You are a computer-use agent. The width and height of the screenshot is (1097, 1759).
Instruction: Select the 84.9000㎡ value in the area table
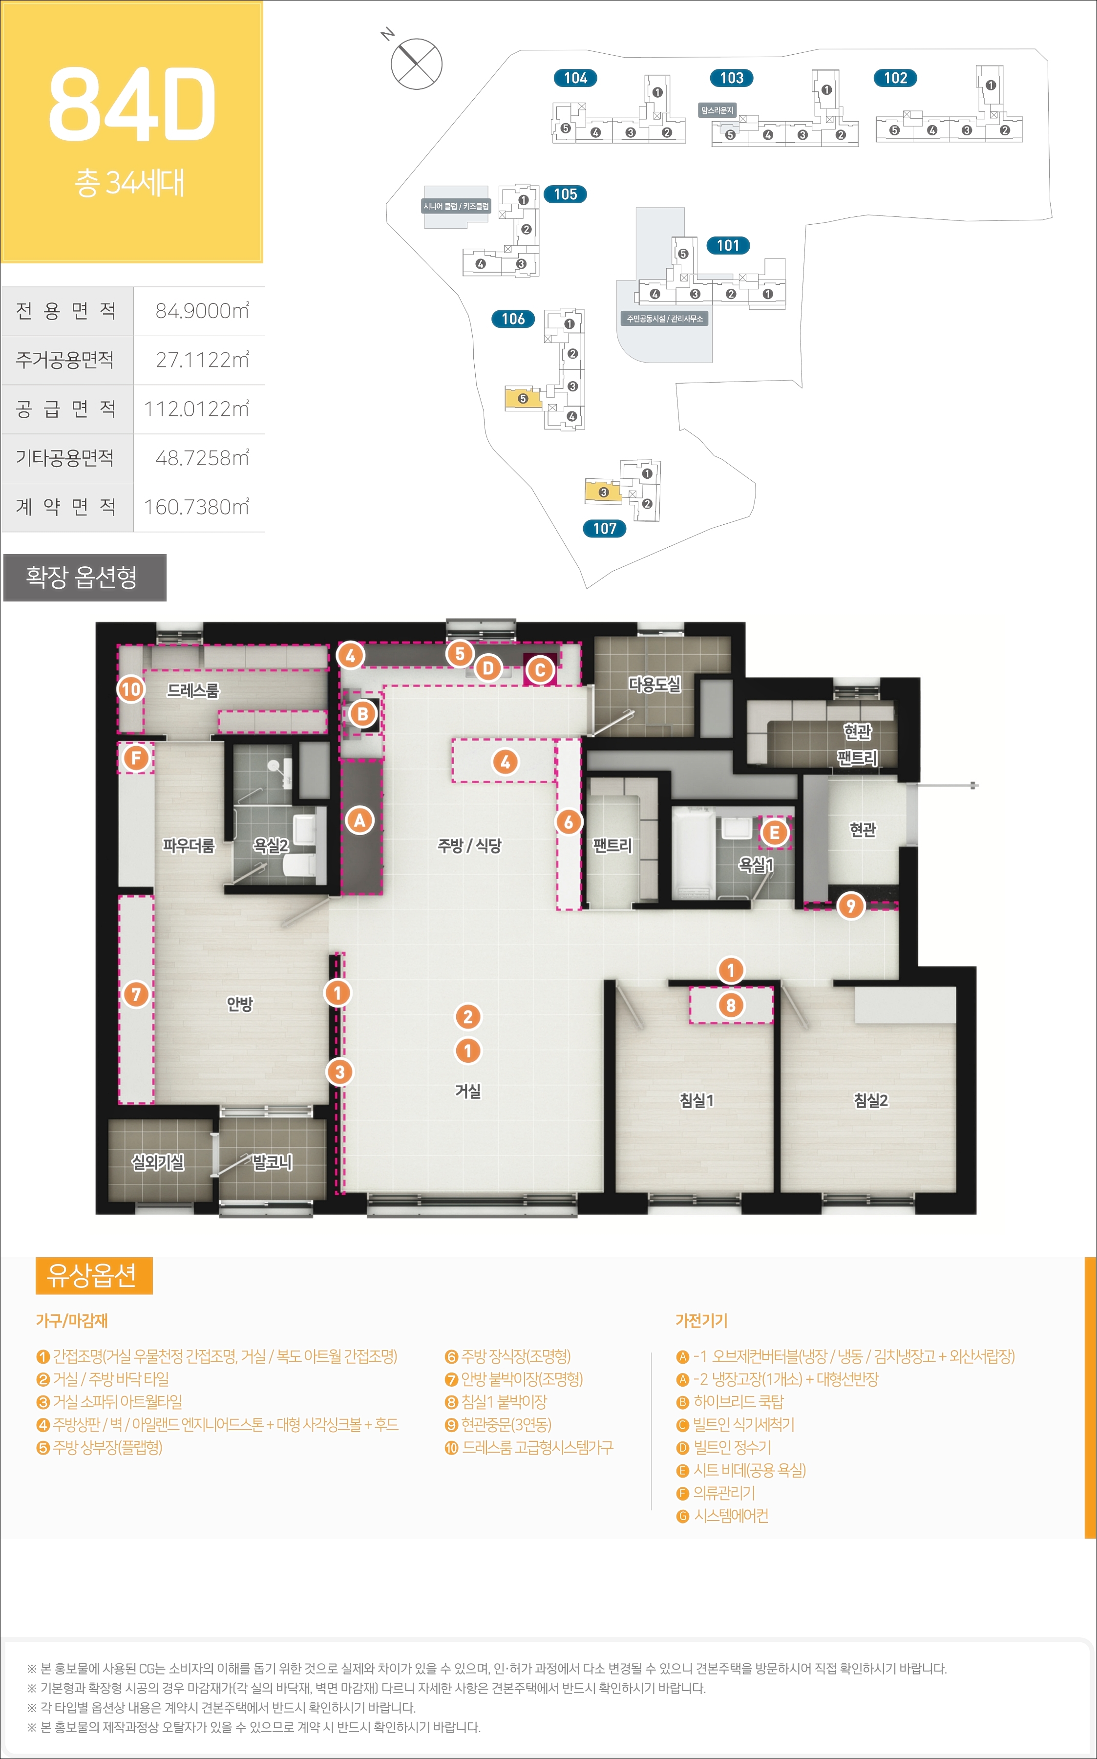(202, 311)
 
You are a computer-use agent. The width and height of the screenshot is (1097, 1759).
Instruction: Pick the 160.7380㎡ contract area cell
(197, 507)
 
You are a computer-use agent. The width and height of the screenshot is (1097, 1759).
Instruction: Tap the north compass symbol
(416, 63)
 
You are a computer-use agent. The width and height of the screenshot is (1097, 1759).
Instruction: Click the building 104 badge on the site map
(575, 78)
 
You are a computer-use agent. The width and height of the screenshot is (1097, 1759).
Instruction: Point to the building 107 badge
(604, 528)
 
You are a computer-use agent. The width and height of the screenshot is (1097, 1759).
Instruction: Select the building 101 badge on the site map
(728, 245)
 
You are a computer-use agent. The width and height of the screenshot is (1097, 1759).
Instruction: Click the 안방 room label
(239, 1004)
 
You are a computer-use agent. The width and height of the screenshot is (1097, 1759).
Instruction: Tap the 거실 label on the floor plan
(468, 1091)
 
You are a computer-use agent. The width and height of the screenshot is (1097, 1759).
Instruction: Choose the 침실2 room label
(871, 1100)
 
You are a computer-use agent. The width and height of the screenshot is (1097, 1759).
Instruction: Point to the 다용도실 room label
(654, 684)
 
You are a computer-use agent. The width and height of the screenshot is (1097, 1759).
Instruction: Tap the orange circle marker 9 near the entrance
(851, 905)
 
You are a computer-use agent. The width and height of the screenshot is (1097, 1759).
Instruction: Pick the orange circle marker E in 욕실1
(774, 832)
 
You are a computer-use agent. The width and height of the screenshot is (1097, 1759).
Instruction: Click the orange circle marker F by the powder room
(136, 758)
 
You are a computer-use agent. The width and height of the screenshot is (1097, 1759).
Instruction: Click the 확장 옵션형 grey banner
(85, 578)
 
